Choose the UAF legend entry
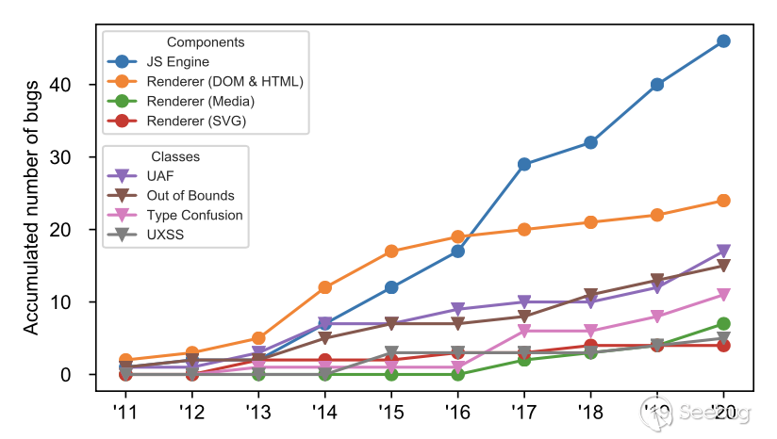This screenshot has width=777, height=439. (x=161, y=175)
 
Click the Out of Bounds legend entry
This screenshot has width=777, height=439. (x=190, y=195)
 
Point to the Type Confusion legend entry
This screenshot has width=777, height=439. (x=194, y=215)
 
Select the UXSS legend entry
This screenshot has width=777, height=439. (x=166, y=235)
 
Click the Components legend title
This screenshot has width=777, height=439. (x=206, y=42)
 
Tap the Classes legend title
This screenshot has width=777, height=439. (x=175, y=155)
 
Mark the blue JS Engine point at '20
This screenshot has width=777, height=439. (x=723, y=41)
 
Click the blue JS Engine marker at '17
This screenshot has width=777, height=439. (x=523, y=164)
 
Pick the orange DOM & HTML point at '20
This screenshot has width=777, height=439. (x=723, y=201)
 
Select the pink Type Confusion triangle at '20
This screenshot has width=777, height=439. (x=723, y=295)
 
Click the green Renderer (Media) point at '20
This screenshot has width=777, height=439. (x=723, y=324)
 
